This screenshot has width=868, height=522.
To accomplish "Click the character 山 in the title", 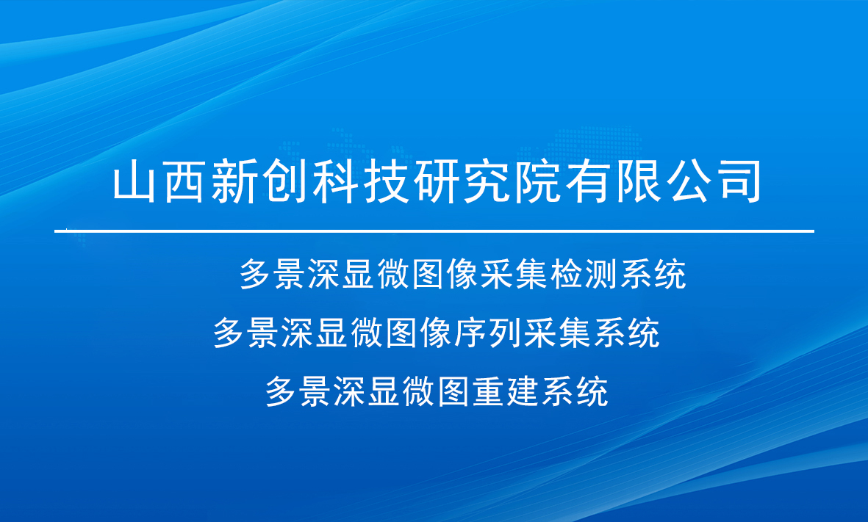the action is [134, 181].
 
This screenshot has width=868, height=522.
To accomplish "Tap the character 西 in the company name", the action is [184, 181].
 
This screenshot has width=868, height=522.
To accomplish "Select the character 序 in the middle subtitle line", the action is [471, 333].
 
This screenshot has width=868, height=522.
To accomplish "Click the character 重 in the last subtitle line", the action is [489, 391].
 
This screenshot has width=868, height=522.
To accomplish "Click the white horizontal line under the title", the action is [434, 231].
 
